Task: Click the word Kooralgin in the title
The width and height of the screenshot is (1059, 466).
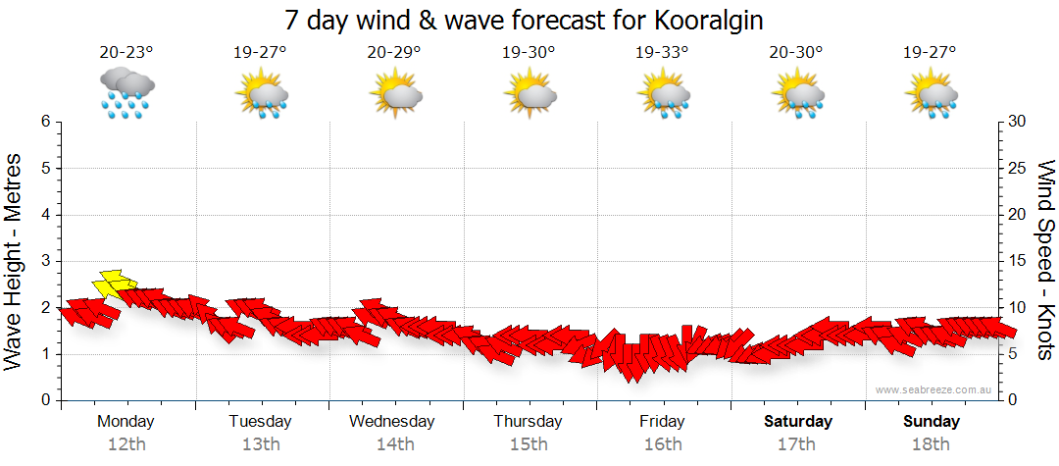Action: click(x=697, y=20)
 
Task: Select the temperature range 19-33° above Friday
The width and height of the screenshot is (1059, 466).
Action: click(x=661, y=53)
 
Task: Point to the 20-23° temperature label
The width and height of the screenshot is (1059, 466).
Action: click(x=126, y=53)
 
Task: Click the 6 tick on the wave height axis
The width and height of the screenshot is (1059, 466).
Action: click(x=45, y=122)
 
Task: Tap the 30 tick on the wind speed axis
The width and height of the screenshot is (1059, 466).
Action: click(x=1018, y=122)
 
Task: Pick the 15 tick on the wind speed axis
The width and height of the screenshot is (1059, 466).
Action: click(x=1018, y=261)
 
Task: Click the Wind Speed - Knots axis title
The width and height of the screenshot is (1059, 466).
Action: click(x=1045, y=260)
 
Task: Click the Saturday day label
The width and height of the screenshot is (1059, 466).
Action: click(x=797, y=422)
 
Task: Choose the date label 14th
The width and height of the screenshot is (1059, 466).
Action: click(x=394, y=444)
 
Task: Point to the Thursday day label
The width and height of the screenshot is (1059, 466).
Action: click(x=528, y=422)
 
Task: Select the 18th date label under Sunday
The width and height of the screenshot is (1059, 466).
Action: click(x=931, y=444)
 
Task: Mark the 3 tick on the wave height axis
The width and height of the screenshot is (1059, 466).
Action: click(x=45, y=261)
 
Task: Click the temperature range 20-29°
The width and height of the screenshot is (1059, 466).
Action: click(x=394, y=53)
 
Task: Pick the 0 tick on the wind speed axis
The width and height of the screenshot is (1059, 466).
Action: click(x=1012, y=400)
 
